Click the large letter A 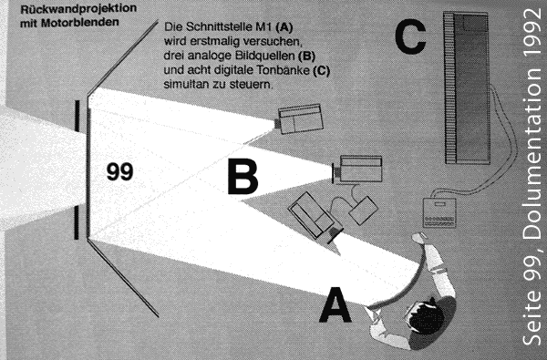click(335, 305)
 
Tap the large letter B click(243, 176)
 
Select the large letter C click(410, 36)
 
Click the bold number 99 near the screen click(119, 171)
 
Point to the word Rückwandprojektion click(78, 9)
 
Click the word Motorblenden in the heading click(80, 23)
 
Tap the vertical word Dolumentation click(533, 156)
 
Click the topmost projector click(300, 118)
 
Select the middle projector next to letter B click(357, 170)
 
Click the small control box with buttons click(439, 212)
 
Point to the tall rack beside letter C click(467, 87)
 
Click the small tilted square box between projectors click(363, 210)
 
